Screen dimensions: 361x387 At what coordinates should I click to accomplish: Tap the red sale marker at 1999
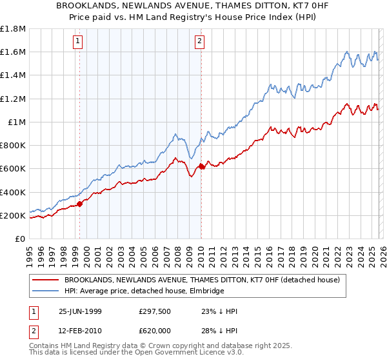point(80,204)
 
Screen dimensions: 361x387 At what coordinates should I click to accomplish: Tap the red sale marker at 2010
point(201,166)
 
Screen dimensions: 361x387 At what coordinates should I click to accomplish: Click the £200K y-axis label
point(13,215)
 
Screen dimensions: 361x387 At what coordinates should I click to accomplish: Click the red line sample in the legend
point(46,280)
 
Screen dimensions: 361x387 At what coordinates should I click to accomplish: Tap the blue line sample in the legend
point(46,291)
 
